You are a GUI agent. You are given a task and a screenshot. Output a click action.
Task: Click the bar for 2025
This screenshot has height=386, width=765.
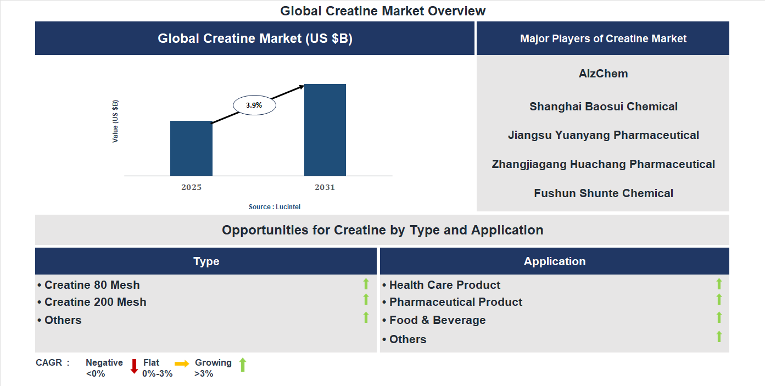(191, 148)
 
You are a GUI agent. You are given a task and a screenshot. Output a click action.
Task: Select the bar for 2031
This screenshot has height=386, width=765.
(325, 130)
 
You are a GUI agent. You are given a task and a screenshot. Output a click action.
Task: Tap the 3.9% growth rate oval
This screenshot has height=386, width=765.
(254, 105)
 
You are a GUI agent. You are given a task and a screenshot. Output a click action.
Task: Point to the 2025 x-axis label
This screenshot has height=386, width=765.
(191, 187)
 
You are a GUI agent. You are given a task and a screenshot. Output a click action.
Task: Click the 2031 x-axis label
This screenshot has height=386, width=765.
(325, 187)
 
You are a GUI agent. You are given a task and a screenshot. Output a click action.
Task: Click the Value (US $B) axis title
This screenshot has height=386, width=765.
(115, 121)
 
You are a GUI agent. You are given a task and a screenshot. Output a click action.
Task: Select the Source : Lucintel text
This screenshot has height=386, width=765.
(275, 207)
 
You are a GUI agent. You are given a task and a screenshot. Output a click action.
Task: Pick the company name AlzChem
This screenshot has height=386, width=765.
(603, 74)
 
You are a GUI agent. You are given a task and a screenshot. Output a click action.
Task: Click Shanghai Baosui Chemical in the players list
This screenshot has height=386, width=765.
(603, 107)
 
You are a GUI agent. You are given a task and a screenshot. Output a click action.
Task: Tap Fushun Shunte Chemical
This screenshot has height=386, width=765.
(603, 193)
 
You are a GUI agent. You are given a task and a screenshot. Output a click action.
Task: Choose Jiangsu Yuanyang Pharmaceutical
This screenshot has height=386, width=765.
(603, 135)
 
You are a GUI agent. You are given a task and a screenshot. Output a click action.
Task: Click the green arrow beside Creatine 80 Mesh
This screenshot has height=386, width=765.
(366, 284)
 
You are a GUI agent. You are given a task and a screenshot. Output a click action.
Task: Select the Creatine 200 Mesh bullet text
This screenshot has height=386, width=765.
(95, 302)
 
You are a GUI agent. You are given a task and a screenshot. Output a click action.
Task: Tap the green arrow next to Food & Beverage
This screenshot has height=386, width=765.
(719, 317)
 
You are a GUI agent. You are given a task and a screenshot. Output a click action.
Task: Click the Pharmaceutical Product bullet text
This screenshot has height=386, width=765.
(455, 302)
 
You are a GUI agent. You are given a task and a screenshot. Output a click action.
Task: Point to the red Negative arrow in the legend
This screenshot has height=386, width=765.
(134, 366)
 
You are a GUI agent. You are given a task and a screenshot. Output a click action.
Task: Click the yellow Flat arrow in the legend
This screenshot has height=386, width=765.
(182, 363)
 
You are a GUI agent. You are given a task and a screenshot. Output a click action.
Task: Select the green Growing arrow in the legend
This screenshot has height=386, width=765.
(243, 365)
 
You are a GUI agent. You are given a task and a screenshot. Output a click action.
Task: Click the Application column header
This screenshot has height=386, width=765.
(554, 261)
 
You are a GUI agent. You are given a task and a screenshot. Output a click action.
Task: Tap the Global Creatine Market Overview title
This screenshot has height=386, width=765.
(383, 10)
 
